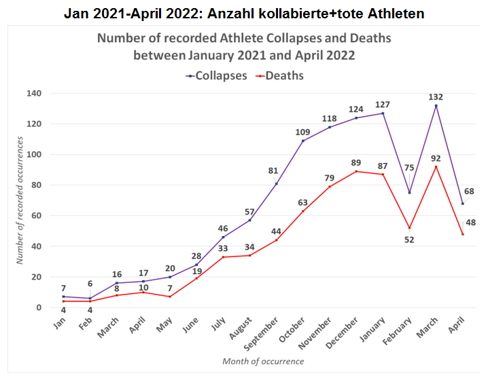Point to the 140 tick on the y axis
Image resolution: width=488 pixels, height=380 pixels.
[33, 94]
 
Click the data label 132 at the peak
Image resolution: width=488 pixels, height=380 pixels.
[436, 97]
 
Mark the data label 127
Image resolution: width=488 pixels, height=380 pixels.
[383, 104]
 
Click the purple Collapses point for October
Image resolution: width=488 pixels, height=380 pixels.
[302, 141]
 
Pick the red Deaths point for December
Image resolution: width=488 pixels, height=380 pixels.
[356, 172]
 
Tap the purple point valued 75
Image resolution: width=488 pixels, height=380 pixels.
[409, 193]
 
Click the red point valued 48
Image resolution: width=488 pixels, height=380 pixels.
[462, 234]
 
